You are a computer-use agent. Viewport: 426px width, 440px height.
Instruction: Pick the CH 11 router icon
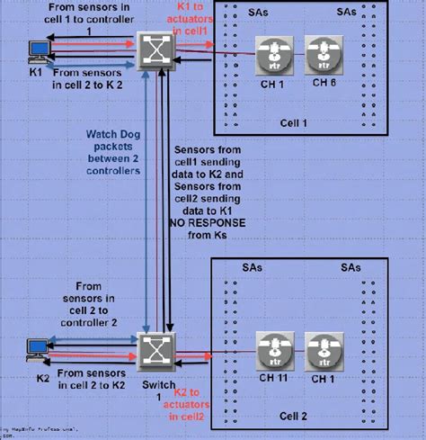(x=271, y=348)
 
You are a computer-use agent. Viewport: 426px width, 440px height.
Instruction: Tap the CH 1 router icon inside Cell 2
(x=320, y=348)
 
